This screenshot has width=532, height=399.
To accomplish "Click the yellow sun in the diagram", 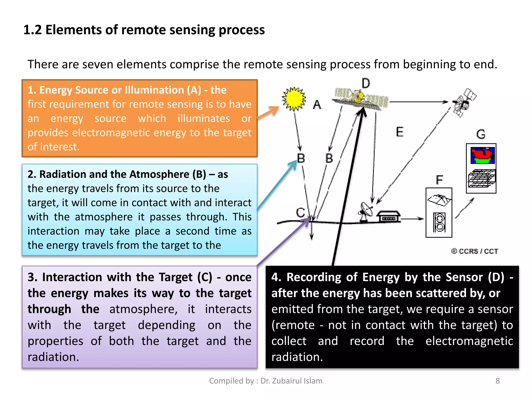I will click(x=294, y=99).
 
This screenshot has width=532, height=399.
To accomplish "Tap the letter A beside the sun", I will click(x=317, y=105).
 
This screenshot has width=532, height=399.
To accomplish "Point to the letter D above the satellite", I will click(x=366, y=83).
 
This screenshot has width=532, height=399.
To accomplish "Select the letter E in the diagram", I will click(x=400, y=132).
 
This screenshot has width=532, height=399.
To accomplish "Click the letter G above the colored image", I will click(x=481, y=134).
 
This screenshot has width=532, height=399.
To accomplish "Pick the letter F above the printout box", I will click(x=439, y=180).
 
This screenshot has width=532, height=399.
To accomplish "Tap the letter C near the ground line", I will click(x=301, y=212).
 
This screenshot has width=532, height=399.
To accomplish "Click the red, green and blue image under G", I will click(x=483, y=155).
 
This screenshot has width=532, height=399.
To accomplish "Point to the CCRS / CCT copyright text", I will click(x=475, y=251).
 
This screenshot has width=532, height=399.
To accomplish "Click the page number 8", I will click(x=497, y=381).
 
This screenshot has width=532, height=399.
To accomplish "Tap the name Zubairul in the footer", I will click(x=288, y=381).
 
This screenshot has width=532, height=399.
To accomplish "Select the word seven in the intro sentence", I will click(x=98, y=64).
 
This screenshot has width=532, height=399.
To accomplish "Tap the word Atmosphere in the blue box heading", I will click(x=159, y=174).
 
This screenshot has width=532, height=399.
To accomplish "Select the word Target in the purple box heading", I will click(x=176, y=277).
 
